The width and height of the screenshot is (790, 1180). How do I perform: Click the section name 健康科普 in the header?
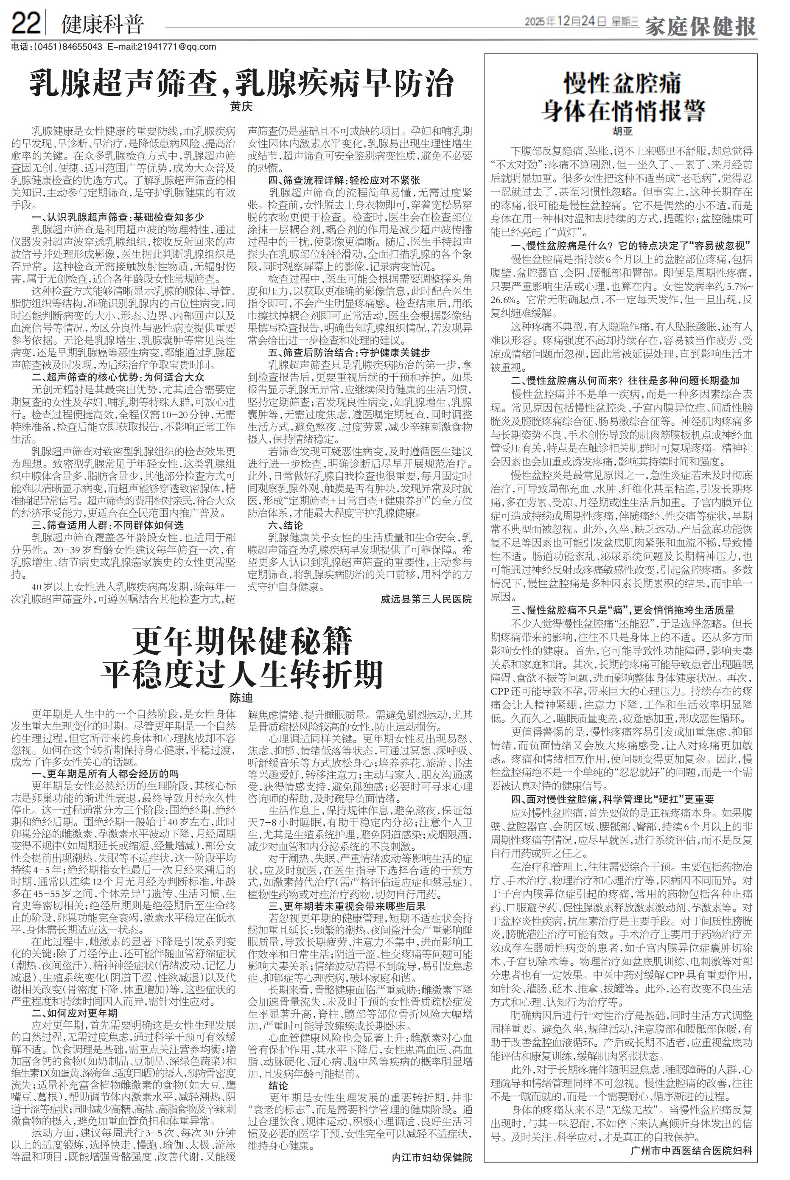pyautogui.click(x=102, y=24)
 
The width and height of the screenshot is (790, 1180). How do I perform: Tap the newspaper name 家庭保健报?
pyautogui.click(x=700, y=26)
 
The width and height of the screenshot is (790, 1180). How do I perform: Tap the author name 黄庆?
pyautogui.click(x=241, y=107)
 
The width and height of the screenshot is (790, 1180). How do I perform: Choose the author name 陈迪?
pyautogui.click(x=241, y=698)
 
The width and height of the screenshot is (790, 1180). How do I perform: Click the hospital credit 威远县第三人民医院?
pyautogui.click(x=426, y=599)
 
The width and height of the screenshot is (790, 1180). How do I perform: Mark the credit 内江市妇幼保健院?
pyautogui.click(x=432, y=1158)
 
